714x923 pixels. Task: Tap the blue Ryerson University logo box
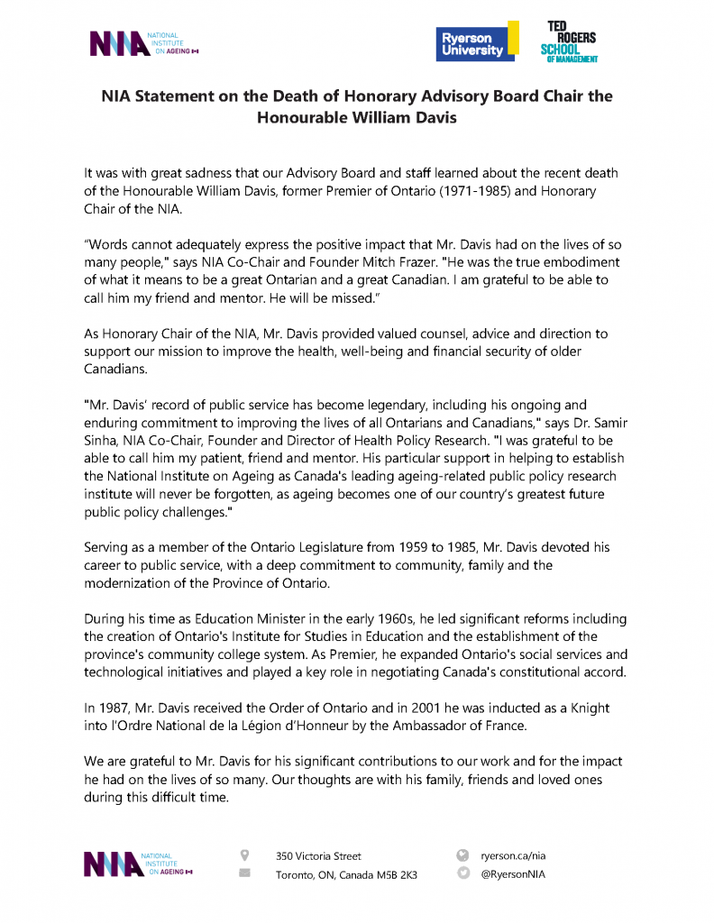[471, 43]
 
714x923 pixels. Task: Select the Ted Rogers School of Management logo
[567, 42]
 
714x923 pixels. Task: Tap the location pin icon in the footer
[244, 854]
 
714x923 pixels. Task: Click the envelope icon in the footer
[244, 873]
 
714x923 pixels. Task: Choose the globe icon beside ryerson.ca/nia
[463, 854]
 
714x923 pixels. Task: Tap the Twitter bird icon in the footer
[463, 873]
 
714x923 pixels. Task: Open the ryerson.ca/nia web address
[514, 855]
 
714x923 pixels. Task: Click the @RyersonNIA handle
[513, 874]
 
